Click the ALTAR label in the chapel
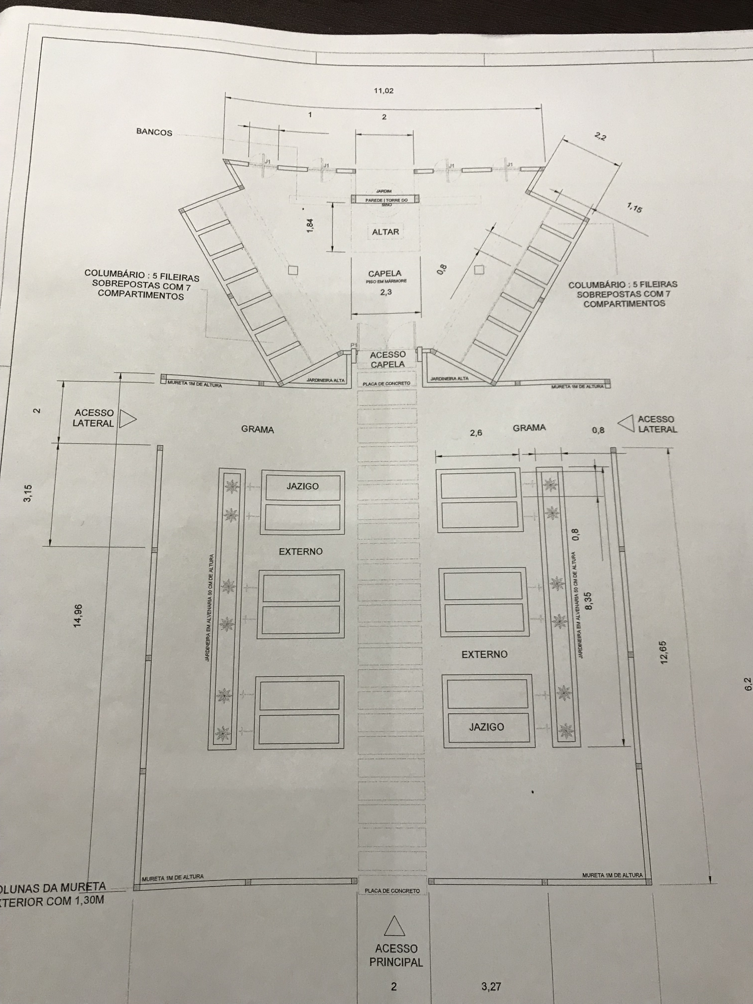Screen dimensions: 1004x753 [385, 232]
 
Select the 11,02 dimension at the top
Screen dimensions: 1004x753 [383, 91]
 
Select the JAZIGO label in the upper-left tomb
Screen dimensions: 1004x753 [302, 486]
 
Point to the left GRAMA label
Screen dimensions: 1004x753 [257, 429]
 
